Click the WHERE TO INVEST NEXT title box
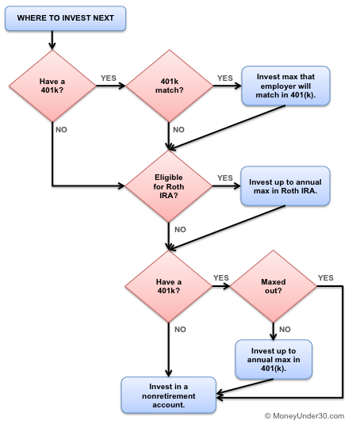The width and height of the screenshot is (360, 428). pos(65,17)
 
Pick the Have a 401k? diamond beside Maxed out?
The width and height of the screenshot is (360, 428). pos(168,286)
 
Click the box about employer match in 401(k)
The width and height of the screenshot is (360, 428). pos(285,86)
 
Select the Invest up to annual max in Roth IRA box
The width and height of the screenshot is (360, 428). pos(285,185)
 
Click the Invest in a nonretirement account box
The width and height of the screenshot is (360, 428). pos(168,394)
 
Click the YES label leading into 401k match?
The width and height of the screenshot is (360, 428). pos(109,78)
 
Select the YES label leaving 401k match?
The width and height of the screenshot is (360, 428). pos(225,78)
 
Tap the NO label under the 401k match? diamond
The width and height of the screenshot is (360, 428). pos(179,128)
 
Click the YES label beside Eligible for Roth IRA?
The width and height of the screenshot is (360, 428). pos(225,178)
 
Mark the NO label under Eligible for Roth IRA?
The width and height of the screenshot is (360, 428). pos(179,228)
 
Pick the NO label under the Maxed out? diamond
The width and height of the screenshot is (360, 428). pos(285,328)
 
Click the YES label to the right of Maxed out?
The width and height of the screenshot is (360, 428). pos(325,277)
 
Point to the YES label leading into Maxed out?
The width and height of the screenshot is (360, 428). pos(220,277)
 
